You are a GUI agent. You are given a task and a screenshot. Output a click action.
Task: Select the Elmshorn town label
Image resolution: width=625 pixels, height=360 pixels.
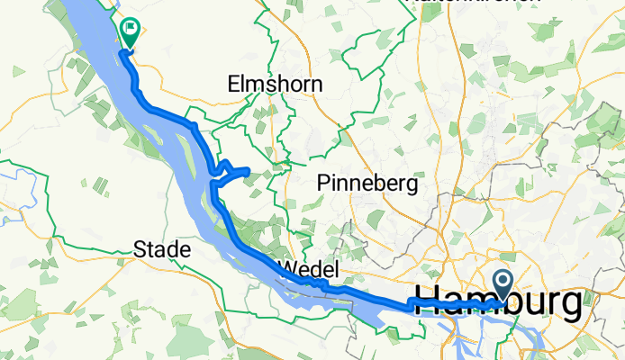coord(276,85)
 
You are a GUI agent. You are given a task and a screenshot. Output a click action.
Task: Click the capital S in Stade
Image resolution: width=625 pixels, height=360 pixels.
coord(140,248)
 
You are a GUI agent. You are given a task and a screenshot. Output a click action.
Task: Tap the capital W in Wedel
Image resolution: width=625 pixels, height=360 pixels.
coord(287,270)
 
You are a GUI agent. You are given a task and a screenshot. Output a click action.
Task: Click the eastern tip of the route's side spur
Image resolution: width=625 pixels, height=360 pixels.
coord(248,169)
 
